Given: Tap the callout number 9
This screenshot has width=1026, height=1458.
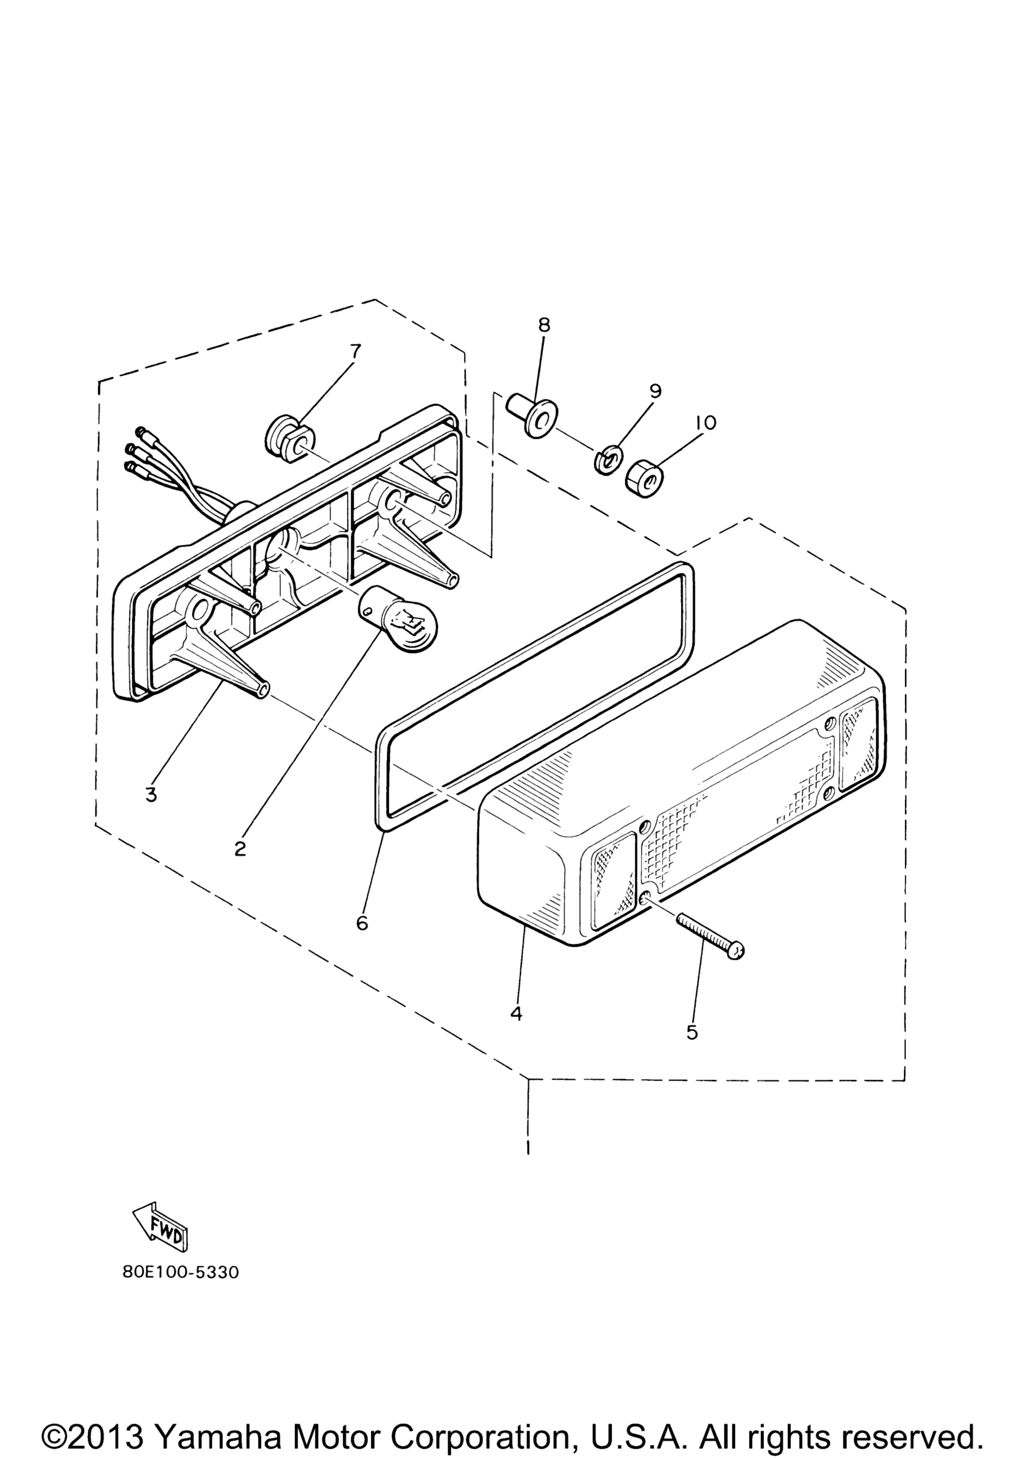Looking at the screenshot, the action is (655, 390).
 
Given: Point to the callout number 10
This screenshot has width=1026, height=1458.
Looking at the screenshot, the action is (705, 423).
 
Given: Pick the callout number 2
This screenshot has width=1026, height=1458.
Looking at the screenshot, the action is (240, 849).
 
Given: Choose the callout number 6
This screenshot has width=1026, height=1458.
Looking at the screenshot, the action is (362, 923).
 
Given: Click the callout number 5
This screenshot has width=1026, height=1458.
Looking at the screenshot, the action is (692, 1032).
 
